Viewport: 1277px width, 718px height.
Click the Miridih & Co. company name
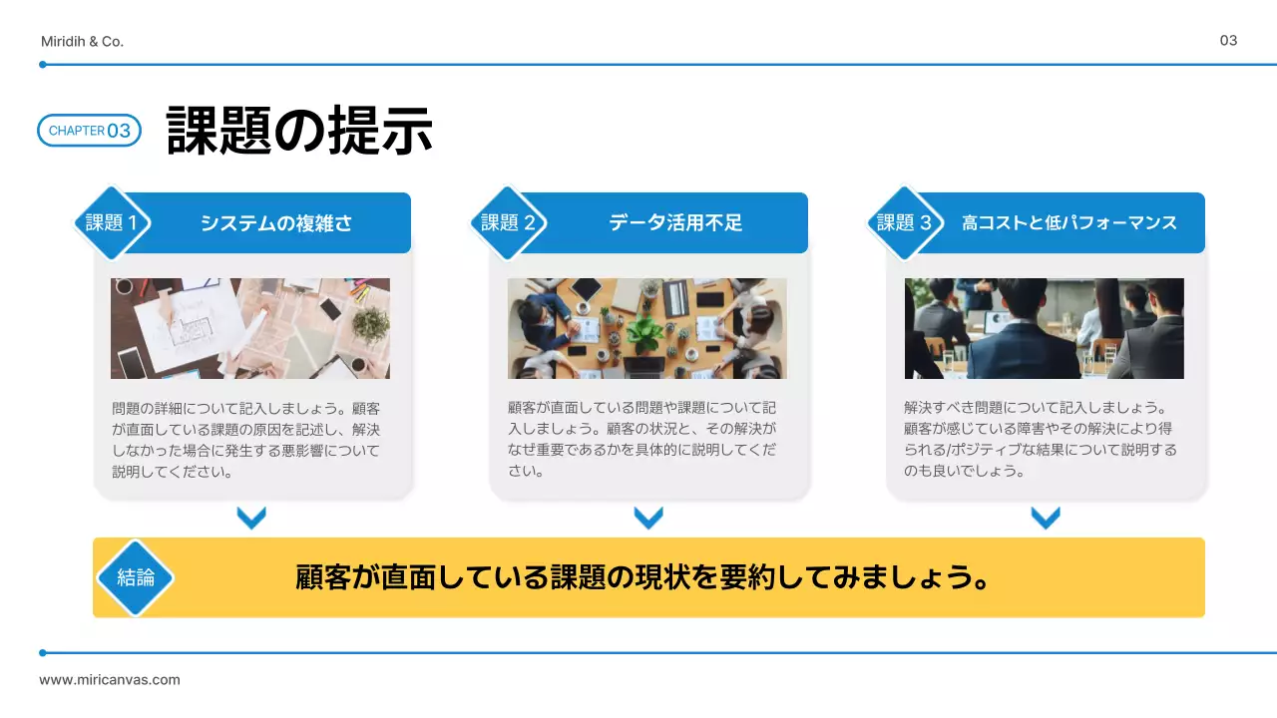[x=82, y=42]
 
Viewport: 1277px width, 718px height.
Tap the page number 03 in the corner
[x=1228, y=41]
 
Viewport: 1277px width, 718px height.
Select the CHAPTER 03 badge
[x=90, y=131]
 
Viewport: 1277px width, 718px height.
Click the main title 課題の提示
[x=299, y=130]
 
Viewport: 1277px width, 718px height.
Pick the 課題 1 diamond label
[x=112, y=223]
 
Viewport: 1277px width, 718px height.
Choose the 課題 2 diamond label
[x=508, y=223]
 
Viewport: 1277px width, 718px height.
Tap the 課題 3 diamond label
[x=904, y=223]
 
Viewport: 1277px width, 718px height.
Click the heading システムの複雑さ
[x=276, y=223]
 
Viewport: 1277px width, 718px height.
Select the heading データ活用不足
[x=675, y=223]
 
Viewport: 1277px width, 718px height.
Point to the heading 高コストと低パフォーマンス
[x=1069, y=223]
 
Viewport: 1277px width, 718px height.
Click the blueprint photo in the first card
[x=250, y=328]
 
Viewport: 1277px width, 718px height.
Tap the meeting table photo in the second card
[x=646, y=328]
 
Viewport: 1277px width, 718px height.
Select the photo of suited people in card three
[x=1044, y=328]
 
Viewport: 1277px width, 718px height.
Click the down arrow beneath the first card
[x=251, y=518]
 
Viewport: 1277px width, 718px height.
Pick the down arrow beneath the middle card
[x=648, y=518]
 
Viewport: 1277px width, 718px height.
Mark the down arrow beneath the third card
[x=1045, y=518]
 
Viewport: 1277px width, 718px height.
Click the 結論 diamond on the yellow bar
[x=136, y=577]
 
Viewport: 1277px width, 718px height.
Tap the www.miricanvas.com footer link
[x=110, y=680]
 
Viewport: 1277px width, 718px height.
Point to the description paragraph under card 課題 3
[x=1041, y=439]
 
